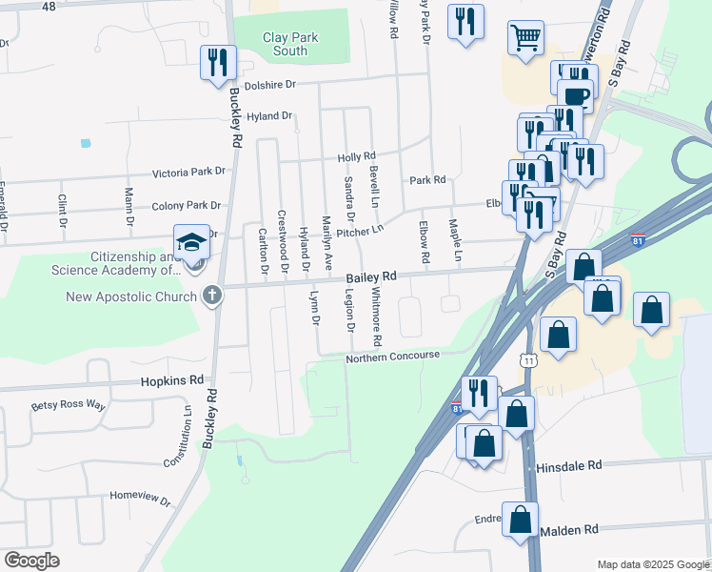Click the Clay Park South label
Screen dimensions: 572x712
point(290,44)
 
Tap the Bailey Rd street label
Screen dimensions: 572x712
point(370,276)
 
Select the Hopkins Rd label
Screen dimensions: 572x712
point(172,379)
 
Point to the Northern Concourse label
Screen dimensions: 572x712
point(392,356)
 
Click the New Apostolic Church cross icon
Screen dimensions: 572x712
point(212,296)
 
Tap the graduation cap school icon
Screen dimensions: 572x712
point(191,240)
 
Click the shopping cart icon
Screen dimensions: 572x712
point(524,37)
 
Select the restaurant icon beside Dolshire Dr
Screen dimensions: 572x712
point(218,62)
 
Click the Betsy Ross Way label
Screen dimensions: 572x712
point(68,405)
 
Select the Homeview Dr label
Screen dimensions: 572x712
point(139,498)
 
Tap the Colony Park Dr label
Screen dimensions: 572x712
point(186,205)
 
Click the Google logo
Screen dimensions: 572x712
point(31,561)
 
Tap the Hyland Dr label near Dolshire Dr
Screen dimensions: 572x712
point(269,116)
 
